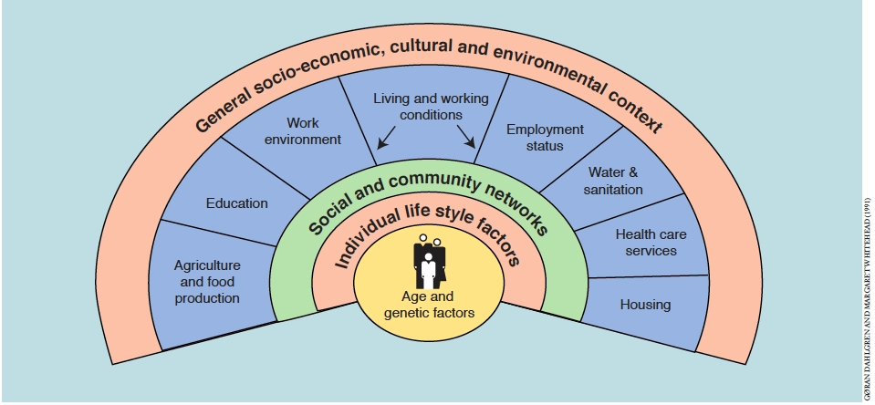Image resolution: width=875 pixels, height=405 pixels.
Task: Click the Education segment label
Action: (237, 203)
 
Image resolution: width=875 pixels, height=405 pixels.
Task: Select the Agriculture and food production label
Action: (207, 282)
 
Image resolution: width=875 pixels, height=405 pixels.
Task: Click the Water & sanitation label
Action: (616, 181)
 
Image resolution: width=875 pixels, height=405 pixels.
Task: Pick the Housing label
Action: (645, 304)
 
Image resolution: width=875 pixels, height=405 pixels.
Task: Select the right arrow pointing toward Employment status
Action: (466, 138)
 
